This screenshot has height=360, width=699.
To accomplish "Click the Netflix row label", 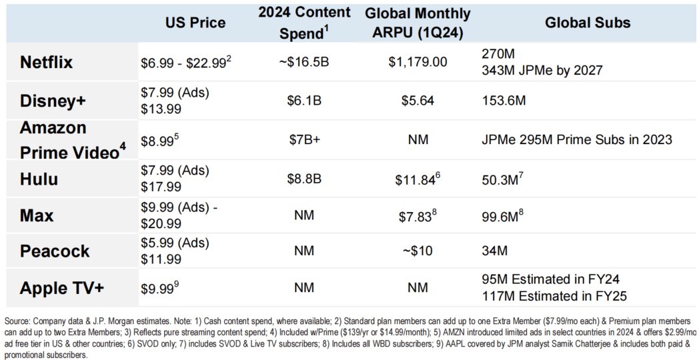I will (x=46, y=62).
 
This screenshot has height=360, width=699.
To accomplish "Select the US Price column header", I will (x=195, y=23).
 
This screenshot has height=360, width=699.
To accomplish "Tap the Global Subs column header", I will (x=588, y=23).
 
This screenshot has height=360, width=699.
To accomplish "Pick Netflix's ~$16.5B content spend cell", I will (x=305, y=63).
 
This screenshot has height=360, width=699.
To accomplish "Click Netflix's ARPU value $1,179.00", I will (x=418, y=63).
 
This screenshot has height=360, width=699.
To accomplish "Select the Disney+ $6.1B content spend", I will (x=305, y=101).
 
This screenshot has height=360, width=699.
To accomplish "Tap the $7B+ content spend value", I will (x=305, y=140).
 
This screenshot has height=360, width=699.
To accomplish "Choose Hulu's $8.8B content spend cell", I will (x=305, y=179).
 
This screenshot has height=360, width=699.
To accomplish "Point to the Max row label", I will (x=37, y=216).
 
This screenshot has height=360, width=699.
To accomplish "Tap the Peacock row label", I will (x=55, y=252).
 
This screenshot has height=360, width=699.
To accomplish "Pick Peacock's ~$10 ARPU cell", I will (x=418, y=252).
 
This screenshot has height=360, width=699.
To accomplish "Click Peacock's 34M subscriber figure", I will (x=494, y=252).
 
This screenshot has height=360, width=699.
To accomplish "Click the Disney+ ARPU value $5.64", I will (x=418, y=101).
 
